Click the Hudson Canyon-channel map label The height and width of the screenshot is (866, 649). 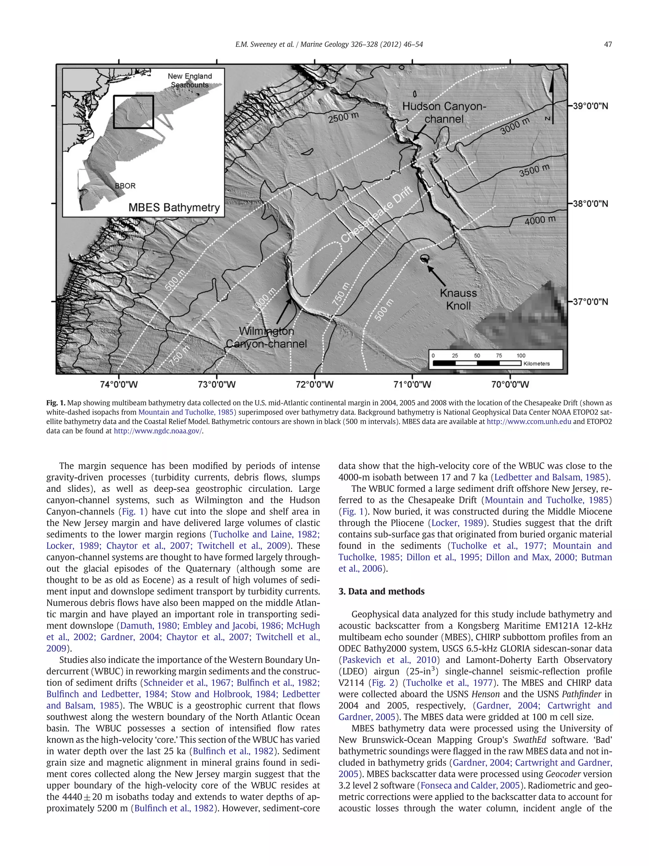point(444,112)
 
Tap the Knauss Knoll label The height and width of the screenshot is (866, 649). point(458,299)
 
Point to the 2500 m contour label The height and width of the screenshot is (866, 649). point(343,117)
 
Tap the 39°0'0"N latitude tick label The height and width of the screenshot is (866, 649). point(590,106)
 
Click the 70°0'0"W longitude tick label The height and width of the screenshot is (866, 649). point(510,384)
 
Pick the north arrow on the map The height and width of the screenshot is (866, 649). point(552,100)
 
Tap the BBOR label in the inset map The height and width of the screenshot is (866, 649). point(125,186)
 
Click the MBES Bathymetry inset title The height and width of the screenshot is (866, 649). point(174,207)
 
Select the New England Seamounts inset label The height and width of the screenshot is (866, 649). point(190,80)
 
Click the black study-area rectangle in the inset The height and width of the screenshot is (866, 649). point(133,112)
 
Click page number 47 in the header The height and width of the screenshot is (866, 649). point(607,44)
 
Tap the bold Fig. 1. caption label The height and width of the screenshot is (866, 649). point(55,403)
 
